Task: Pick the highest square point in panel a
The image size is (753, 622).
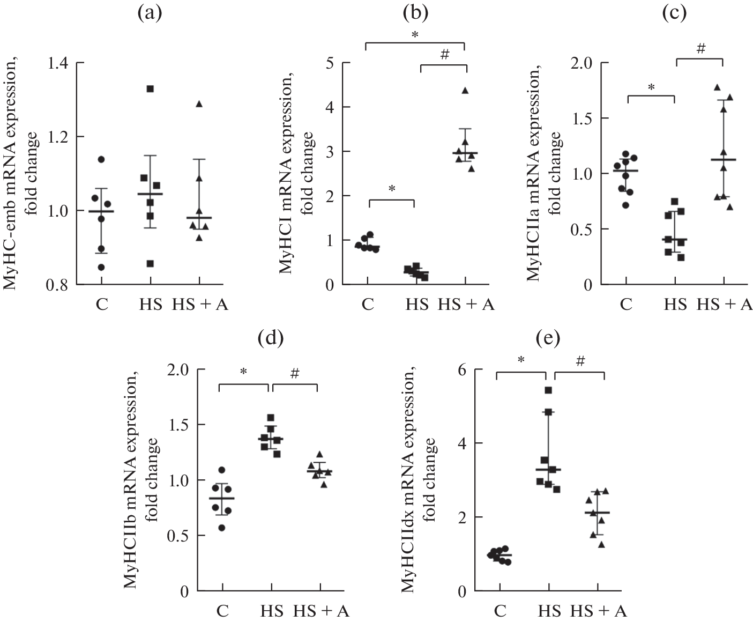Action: coord(150,88)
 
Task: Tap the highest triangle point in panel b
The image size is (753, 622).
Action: coord(465,91)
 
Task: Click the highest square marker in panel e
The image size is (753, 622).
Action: coord(548,390)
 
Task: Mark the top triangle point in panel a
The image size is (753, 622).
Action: coord(199,104)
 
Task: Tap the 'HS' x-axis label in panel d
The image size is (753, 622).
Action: coord(272,612)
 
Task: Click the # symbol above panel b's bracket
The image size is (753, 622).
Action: coord(443,55)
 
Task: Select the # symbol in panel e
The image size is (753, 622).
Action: coord(579,362)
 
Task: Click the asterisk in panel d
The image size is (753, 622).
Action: coord(243,371)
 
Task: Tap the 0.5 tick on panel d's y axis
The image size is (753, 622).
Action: coord(182,536)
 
